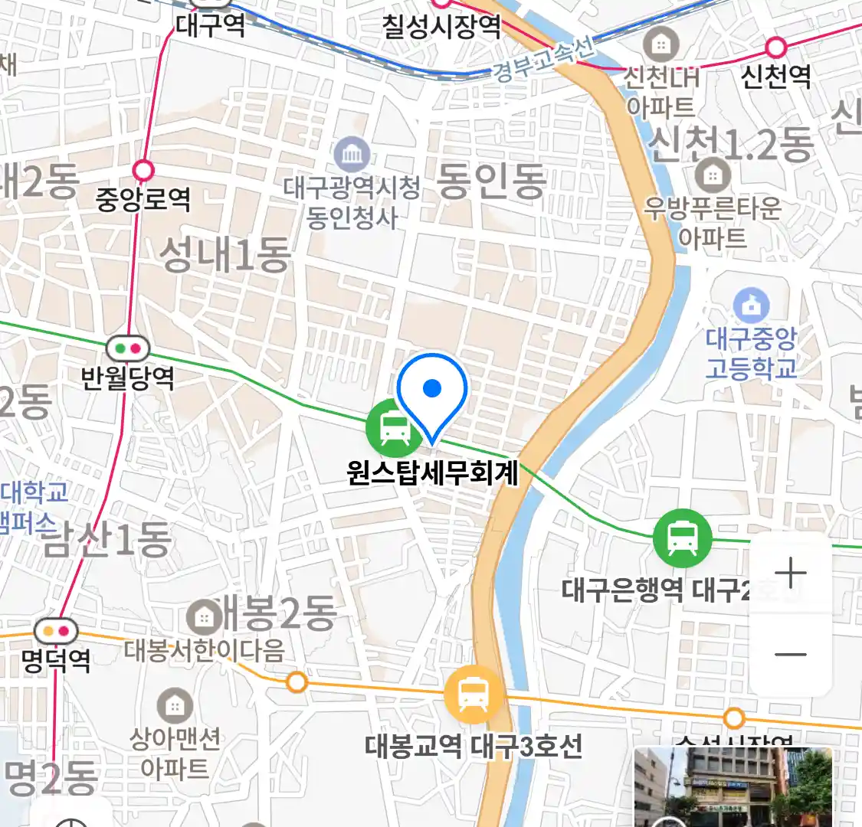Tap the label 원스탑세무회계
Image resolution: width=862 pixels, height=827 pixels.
pos(433,472)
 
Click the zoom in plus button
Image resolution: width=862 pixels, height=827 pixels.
pos(790,573)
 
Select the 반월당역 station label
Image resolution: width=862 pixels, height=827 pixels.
pos(128,378)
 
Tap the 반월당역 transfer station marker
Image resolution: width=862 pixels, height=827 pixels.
pos(128,349)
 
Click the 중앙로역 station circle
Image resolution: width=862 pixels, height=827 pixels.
pos(143,169)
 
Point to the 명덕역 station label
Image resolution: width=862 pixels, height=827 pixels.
pos(56,660)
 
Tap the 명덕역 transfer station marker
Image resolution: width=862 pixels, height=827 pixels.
pos(56,632)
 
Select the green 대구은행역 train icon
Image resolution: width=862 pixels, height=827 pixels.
pos(682,538)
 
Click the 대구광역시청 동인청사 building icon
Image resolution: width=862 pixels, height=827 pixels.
pos(352,155)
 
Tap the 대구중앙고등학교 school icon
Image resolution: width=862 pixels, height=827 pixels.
pos(752,306)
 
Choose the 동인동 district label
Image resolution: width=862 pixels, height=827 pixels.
pos(491,181)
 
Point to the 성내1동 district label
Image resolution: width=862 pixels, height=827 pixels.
pos(225,254)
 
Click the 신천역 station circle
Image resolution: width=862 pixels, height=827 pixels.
pos(775,47)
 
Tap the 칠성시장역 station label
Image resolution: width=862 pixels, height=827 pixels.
pos(442,27)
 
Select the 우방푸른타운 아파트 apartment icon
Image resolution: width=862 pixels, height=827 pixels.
pos(713,175)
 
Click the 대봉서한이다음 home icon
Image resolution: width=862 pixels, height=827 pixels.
pos(204,616)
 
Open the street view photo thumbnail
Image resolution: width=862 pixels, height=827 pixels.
pos(733,787)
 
